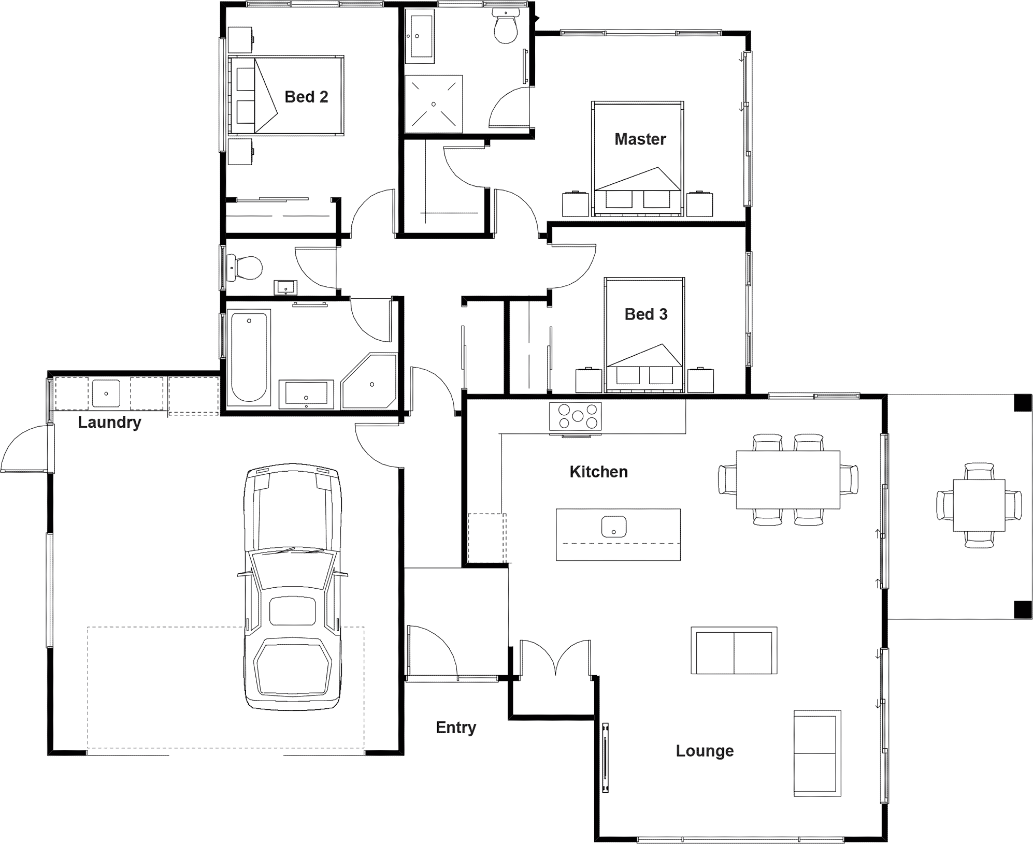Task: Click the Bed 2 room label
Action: (306, 97)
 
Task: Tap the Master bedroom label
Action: (640, 139)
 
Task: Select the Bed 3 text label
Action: (645, 314)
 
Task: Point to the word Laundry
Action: (109, 423)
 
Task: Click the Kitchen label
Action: (598, 472)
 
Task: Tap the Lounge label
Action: (705, 751)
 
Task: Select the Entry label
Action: (456, 727)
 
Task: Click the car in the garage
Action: (293, 588)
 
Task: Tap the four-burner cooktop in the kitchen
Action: (576, 416)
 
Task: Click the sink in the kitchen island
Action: (614, 527)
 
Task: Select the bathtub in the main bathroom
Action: (249, 357)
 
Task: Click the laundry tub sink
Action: (106, 394)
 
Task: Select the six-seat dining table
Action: (788, 480)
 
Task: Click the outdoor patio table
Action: (979, 505)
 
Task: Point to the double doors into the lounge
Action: (555, 658)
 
